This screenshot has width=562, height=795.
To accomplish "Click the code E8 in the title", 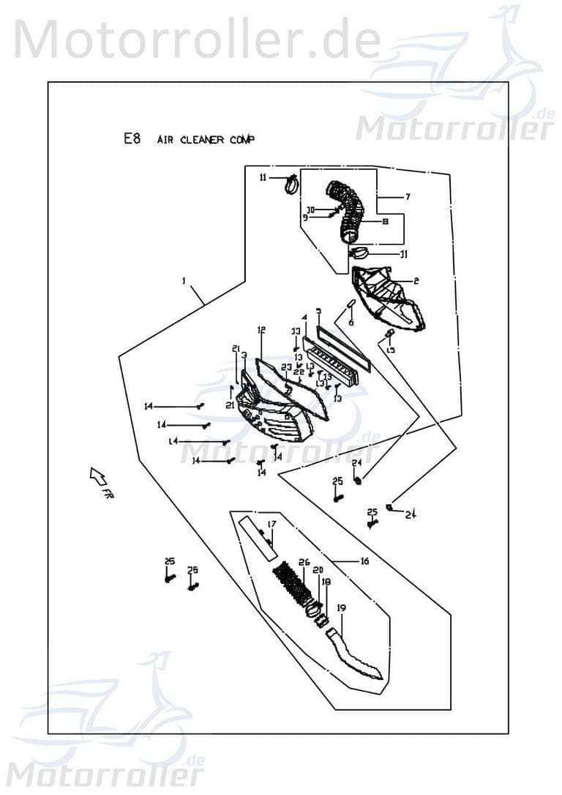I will [x=132, y=138].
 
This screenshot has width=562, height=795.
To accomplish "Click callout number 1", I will [x=184, y=281].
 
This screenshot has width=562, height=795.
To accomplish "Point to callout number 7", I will [x=408, y=196].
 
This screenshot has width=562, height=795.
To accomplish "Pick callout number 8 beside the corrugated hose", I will [x=383, y=221].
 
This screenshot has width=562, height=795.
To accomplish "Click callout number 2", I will [x=416, y=281].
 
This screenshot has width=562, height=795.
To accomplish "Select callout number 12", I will [x=260, y=330].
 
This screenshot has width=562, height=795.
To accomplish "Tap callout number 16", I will [x=364, y=561].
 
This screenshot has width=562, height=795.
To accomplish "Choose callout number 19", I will [x=341, y=608].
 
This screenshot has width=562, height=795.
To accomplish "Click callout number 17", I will [x=271, y=524].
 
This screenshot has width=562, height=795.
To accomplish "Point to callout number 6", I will [x=351, y=322].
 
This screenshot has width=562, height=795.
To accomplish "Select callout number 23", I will [x=286, y=367].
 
